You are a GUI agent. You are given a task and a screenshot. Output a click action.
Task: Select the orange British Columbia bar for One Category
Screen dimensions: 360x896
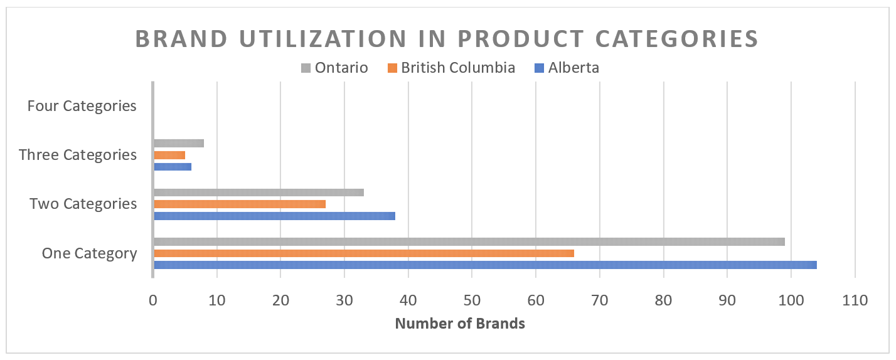click(363, 253)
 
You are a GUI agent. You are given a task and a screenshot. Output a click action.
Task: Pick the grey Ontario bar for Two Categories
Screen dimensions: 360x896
click(258, 193)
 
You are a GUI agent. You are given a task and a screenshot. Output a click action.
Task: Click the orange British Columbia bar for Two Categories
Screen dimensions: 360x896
click(239, 204)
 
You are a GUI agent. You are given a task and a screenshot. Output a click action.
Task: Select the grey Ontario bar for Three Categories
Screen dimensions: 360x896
click(178, 143)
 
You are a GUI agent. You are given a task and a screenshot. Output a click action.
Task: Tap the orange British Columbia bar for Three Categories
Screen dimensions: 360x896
click(169, 155)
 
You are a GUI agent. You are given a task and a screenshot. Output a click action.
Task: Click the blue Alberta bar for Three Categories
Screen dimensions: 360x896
click(172, 167)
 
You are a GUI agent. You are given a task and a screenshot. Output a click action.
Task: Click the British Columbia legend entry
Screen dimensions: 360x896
click(451, 68)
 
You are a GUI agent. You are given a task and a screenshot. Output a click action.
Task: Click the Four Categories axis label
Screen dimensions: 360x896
click(82, 106)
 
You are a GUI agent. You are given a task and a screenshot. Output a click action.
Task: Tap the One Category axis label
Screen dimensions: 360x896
click(89, 253)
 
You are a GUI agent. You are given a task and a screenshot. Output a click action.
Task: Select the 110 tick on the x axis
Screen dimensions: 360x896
click(855, 301)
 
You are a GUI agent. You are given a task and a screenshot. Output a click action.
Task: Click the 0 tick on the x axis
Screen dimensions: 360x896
click(153, 301)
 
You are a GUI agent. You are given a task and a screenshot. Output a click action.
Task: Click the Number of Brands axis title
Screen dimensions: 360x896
click(460, 324)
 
